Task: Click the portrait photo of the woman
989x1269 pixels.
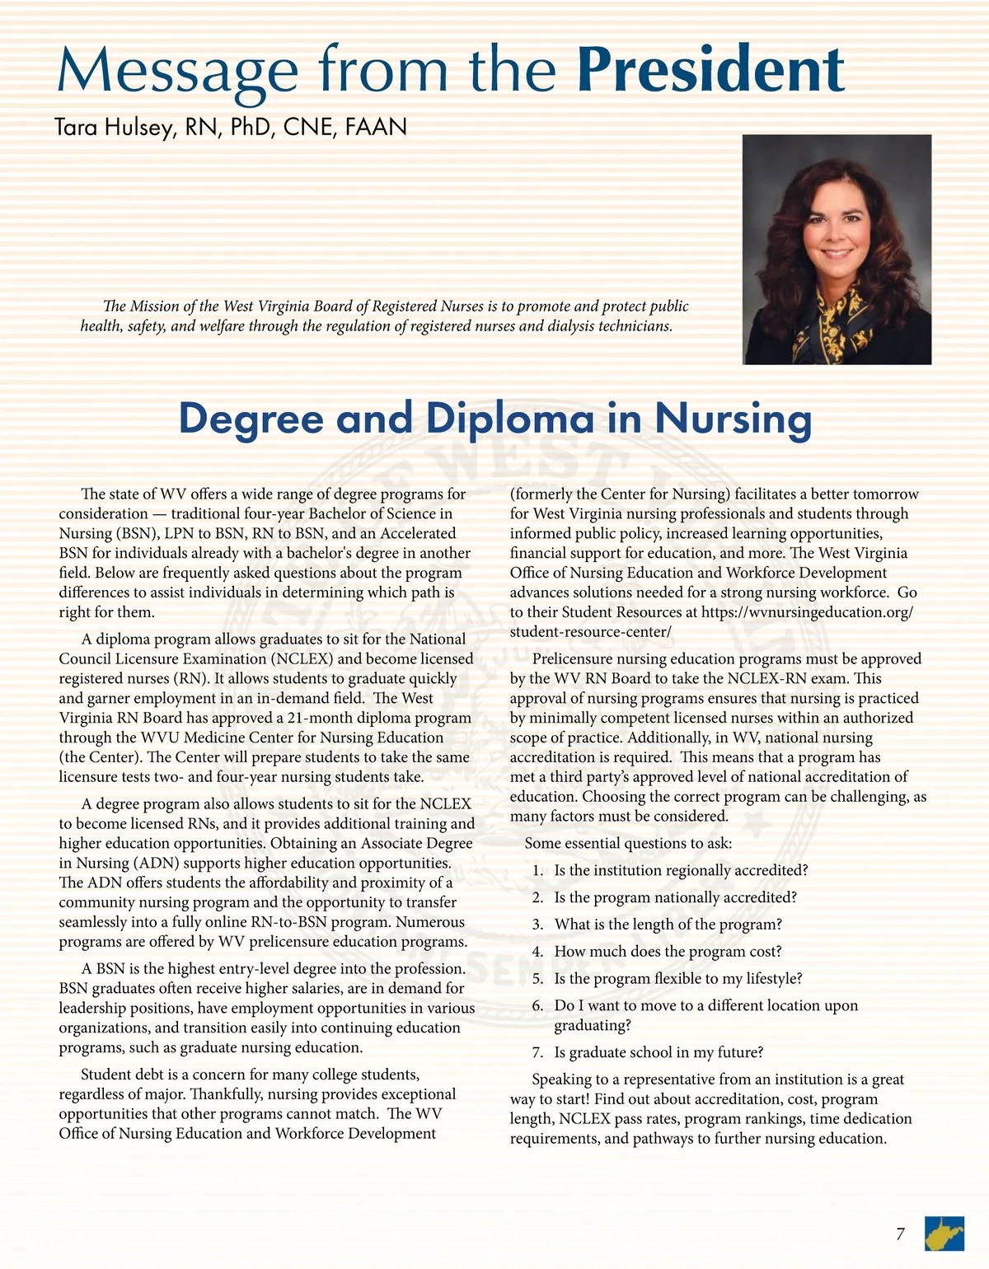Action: [x=837, y=249]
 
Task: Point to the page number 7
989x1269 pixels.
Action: [x=900, y=1234]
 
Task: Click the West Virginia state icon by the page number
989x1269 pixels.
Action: [x=944, y=1234]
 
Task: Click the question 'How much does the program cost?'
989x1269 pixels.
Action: [x=668, y=952]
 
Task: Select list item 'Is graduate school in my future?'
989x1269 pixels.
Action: [x=659, y=1052]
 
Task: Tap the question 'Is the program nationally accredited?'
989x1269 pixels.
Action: [x=675, y=897]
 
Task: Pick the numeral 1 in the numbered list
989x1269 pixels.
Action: [x=537, y=871]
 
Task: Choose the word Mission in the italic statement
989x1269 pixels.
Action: [x=153, y=307]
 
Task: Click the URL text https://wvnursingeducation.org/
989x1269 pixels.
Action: [x=806, y=612]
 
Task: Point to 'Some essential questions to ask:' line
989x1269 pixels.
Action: [x=628, y=843]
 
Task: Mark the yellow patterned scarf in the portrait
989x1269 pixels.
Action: [x=837, y=330]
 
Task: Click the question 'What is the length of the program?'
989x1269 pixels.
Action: [x=668, y=925]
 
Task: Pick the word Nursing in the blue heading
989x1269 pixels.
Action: [x=734, y=419]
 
